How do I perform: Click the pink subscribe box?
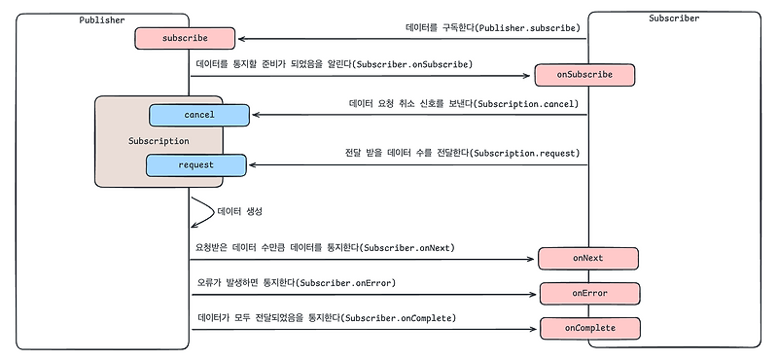click(185, 39)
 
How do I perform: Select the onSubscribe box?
click(584, 75)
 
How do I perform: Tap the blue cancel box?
click(198, 115)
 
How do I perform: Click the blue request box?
click(195, 165)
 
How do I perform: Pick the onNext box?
click(586, 258)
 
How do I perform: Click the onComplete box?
click(590, 328)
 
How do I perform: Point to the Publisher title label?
click(102, 20)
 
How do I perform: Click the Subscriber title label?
click(674, 18)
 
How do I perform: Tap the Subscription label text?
click(158, 141)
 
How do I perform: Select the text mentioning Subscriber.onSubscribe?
click(335, 64)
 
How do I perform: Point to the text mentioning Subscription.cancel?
click(464, 103)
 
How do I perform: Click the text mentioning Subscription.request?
click(462, 153)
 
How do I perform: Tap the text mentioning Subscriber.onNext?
click(325, 248)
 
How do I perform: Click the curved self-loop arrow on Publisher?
click(204, 212)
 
